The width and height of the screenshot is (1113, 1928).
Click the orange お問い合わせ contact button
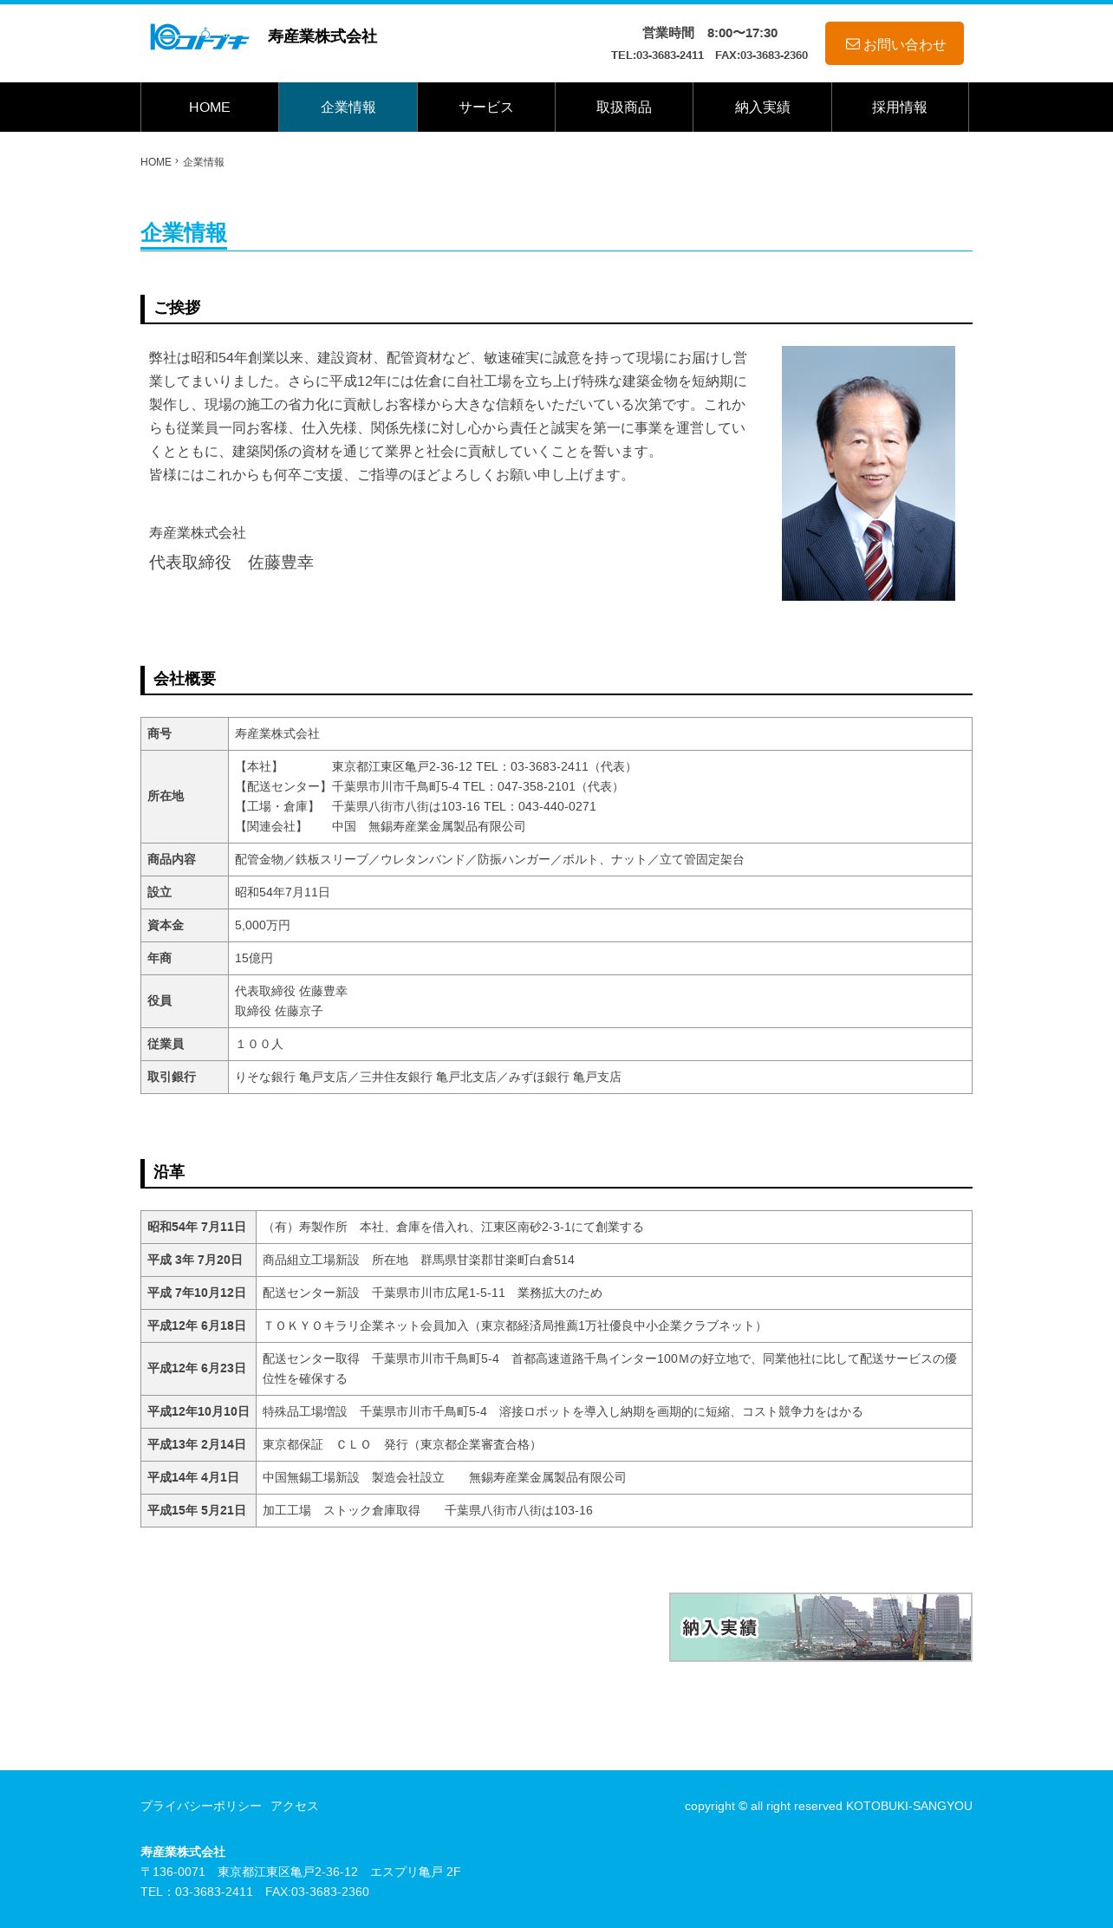pos(894,43)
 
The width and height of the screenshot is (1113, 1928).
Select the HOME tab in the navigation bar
pos(210,107)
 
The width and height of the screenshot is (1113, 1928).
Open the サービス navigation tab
pos(485,107)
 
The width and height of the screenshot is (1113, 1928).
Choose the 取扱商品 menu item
pos(623,107)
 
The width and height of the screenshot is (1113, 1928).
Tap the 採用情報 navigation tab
pos(899,107)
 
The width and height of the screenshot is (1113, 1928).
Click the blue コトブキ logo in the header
pos(199,37)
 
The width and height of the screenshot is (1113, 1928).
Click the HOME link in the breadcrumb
pos(156,162)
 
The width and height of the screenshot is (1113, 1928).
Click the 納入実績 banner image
pos(820,1627)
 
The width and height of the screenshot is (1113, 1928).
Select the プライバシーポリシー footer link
pos(201,1806)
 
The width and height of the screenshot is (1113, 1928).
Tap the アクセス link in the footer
pos(295,1806)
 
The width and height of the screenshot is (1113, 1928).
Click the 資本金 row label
pos(166,925)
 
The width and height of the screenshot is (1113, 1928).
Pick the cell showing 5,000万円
pos(263,925)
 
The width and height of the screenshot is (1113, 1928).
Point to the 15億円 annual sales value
pos(254,958)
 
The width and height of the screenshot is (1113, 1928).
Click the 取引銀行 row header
pos(172,1077)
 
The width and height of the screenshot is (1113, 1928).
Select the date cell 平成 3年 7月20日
pos(195,1260)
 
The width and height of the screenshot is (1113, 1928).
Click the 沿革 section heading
pos(169,1172)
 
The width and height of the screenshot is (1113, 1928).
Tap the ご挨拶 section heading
pos(177,308)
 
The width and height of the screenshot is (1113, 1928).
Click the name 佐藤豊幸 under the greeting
pos(280,563)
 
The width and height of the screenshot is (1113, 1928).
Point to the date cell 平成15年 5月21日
pos(197,1510)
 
